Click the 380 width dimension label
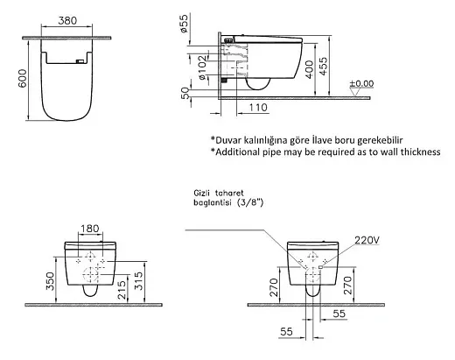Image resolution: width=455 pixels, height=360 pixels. click(67, 21)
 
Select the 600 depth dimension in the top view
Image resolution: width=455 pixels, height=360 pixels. click(23, 78)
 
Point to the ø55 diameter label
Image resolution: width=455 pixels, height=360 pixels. click(184, 23)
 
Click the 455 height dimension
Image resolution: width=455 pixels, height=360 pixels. click(324, 67)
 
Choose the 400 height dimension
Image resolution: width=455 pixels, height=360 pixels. click(309, 69)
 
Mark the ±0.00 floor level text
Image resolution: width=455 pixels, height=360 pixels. click(361, 84)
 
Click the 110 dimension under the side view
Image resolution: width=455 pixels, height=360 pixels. click(258, 108)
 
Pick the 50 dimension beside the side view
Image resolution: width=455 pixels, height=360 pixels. click(185, 94)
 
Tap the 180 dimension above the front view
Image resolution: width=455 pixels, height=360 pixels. click(89, 229)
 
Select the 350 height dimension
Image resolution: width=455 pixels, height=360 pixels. click(50, 281)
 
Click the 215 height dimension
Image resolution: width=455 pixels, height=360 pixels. click(122, 290)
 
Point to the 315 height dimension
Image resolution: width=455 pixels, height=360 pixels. click(139, 281)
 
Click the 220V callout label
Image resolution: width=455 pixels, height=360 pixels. click(367, 240)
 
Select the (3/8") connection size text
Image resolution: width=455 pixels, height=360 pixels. click(250, 202)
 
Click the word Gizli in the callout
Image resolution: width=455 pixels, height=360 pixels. click(202, 193)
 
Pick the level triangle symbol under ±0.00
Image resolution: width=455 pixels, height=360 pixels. click(354, 93)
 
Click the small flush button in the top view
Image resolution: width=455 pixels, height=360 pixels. click(80, 61)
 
